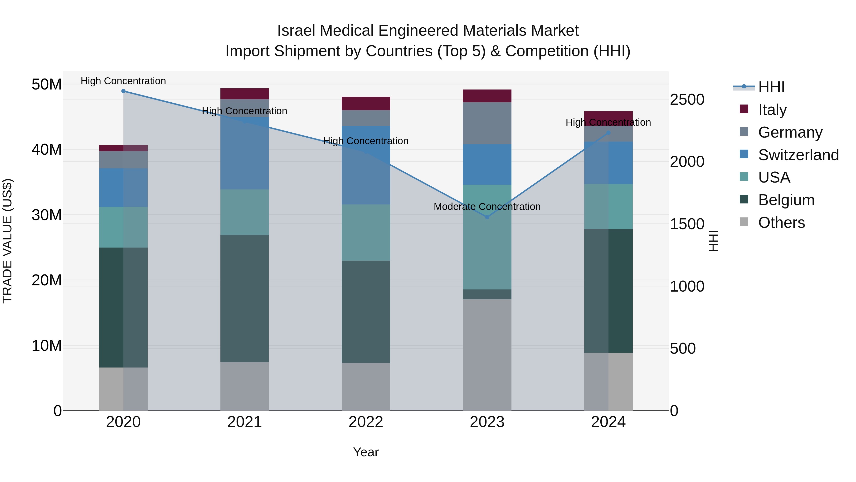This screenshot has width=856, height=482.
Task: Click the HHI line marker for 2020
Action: pos(123,91)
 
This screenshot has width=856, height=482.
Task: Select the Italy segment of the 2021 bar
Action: pos(245,94)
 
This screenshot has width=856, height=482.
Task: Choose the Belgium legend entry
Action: pos(786,200)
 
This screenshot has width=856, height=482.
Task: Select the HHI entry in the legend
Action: pos(771,87)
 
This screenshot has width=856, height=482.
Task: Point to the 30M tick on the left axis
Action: pos(47,215)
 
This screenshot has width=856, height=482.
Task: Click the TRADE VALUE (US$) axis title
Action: pos(7,241)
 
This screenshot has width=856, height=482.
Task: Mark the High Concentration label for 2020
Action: pos(123,81)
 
